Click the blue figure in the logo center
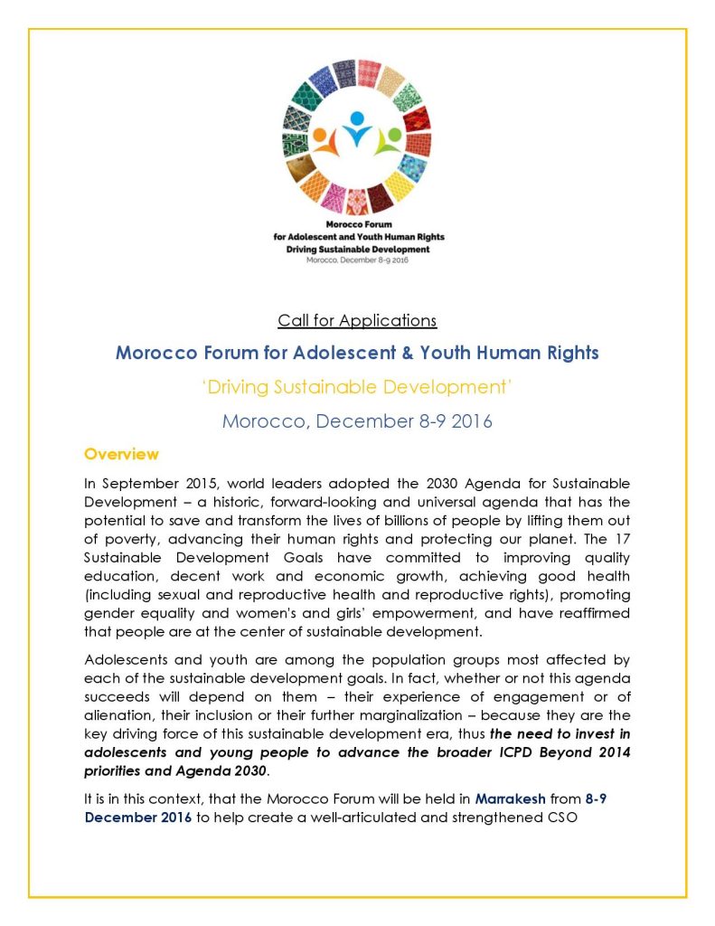(x=358, y=128)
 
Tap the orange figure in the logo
(x=327, y=139)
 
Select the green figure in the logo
(x=389, y=139)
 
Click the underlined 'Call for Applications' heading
(x=357, y=320)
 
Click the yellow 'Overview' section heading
(x=121, y=453)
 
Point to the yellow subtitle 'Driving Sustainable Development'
(x=357, y=388)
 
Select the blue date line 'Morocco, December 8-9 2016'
(x=357, y=421)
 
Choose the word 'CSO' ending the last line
(x=551, y=817)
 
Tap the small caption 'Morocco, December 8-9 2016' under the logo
(x=358, y=260)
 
